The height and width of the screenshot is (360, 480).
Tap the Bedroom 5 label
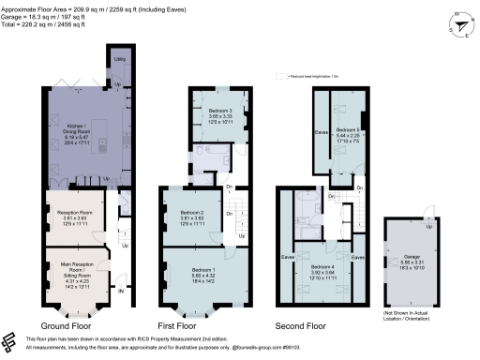coord(347,134)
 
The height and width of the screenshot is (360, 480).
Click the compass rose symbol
coord(459,24)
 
